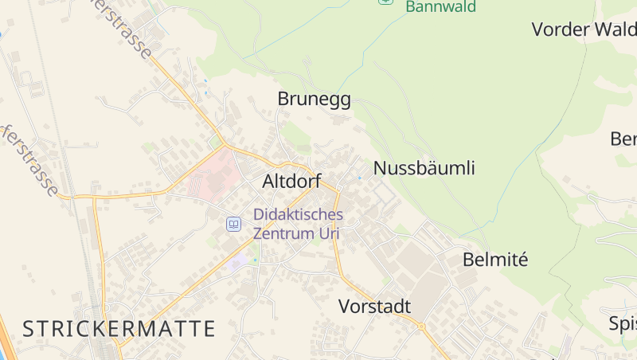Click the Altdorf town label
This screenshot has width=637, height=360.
(291, 182)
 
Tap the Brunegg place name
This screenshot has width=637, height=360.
(314, 99)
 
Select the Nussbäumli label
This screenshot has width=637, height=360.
(424, 168)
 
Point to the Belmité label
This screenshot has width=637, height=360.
(495, 260)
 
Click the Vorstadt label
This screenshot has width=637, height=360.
(374, 307)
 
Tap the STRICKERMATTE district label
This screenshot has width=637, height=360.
(119, 328)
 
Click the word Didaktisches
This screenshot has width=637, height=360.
(298, 214)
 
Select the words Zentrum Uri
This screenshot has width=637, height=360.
(296, 233)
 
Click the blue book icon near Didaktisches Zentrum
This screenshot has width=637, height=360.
(233, 224)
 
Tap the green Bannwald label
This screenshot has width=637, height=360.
(440, 7)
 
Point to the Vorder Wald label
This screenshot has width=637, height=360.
(584, 29)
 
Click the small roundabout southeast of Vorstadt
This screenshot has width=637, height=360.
(421, 327)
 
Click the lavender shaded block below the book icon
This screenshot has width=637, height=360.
(237, 263)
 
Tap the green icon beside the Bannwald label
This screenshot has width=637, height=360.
(385, 2)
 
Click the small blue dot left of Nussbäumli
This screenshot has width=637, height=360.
(359, 178)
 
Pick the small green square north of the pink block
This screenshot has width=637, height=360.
(215, 143)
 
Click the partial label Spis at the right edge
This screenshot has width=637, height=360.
(622, 323)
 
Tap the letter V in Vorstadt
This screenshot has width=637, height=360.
(345, 307)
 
